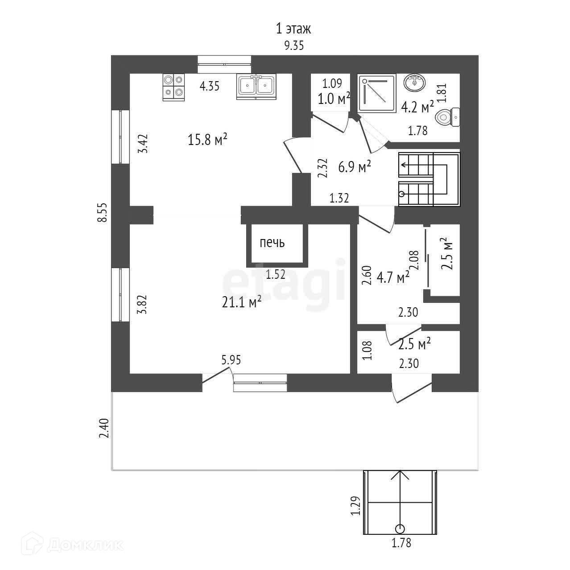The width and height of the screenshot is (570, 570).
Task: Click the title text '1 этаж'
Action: point(293,29)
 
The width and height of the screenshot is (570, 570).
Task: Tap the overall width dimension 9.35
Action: point(293,45)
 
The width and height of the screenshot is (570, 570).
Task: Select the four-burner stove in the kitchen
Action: point(173,86)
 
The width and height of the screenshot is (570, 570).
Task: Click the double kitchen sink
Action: point(256,85)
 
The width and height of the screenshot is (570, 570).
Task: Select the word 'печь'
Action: point(272,243)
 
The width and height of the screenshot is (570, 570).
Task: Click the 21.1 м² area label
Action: point(241,302)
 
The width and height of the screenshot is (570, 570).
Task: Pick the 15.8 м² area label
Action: point(208,140)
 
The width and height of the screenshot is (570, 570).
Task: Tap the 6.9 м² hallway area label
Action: point(355,167)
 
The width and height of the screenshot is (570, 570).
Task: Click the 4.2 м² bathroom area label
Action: point(417,107)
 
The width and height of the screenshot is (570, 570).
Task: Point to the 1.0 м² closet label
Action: point(334,99)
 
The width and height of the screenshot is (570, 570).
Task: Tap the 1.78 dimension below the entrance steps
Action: point(401,543)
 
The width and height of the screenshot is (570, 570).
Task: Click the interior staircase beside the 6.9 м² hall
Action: point(428,179)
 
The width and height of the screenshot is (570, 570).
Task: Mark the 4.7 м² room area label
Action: point(393,277)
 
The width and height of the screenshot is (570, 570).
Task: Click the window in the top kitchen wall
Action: point(224,64)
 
